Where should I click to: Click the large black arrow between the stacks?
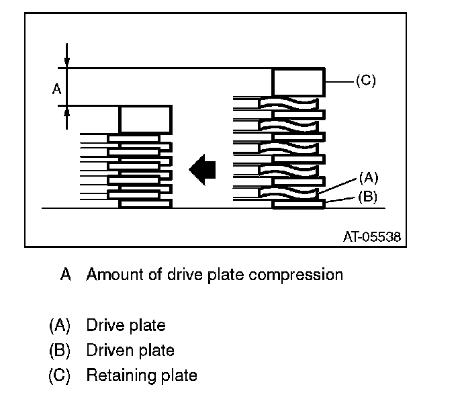pos(202,169)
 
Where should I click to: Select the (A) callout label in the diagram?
pos(369,178)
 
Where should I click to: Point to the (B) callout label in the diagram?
pos(369,197)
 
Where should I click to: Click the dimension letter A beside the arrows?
pos(56,87)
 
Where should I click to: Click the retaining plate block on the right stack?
pos(299,82)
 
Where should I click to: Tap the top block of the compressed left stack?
pos(146,120)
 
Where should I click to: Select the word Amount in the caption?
pos(111,275)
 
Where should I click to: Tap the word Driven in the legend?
pos(106,351)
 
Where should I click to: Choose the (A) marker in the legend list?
pos(59,326)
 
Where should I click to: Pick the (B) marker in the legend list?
pos(59,351)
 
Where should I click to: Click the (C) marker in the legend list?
pos(59,375)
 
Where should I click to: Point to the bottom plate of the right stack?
pos(299,204)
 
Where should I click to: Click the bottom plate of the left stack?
pos(146,202)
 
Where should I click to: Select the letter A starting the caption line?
pos(65,275)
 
